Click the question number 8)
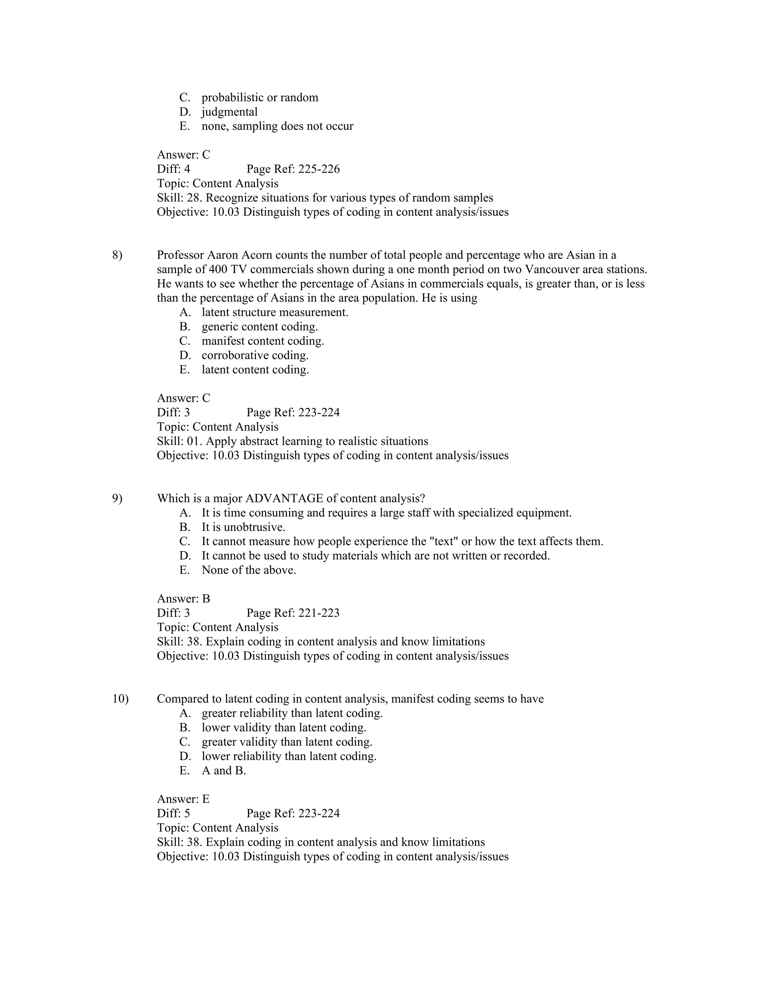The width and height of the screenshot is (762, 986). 117,256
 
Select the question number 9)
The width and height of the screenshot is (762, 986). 117,499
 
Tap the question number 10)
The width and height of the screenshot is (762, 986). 120,699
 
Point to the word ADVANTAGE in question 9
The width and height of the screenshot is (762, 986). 284,499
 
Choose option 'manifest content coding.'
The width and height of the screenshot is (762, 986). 263,341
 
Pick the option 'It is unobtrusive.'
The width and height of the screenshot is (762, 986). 243,527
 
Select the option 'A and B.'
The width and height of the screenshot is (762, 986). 224,771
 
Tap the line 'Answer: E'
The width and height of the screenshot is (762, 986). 183,799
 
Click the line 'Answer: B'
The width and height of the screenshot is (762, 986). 183,599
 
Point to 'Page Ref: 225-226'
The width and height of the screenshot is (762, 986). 293,169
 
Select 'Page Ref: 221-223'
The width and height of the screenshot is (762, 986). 293,613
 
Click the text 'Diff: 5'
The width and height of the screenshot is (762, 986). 173,813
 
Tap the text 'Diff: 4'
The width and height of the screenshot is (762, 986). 173,169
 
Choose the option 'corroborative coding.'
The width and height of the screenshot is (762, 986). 255,356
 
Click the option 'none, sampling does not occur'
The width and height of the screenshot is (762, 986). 277,127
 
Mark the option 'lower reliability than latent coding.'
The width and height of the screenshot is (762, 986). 289,756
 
